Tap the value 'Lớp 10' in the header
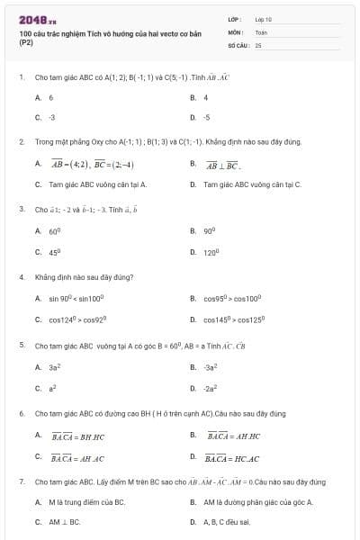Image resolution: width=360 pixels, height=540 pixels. (x=264, y=18)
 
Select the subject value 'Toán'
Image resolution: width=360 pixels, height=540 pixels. (x=261, y=31)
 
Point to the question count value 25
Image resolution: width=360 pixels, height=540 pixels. (x=258, y=43)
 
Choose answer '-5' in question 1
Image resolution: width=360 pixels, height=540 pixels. (x=206, y=117)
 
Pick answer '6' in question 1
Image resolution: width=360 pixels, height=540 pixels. (x=51, y=97)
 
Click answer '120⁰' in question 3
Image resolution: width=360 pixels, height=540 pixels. (x=211, y=253)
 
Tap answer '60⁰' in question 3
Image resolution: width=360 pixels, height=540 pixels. (x=55, y=231)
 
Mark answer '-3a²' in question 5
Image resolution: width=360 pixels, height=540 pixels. (x=211, y=367)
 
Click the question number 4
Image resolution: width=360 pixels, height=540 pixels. (x=21, y=277)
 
